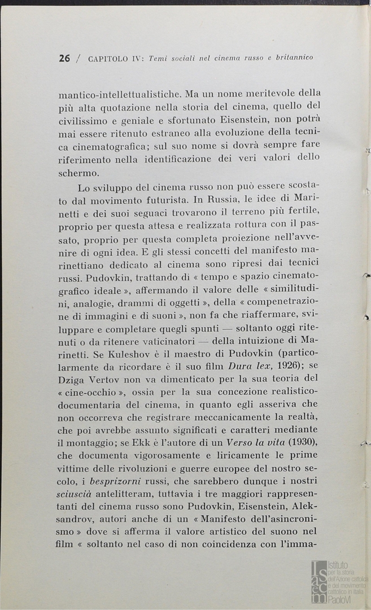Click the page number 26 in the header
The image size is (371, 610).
click(x=64, y=58)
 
